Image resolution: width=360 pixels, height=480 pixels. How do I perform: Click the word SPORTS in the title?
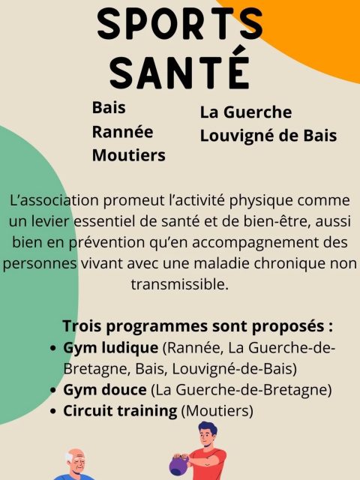tap(179, 25)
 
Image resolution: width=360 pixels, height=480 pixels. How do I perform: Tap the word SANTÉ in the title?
tap(180, 70)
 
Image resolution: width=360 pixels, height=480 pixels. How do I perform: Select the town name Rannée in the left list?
tap(121, 131)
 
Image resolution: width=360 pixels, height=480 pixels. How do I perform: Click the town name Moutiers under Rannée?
tap(128, 155)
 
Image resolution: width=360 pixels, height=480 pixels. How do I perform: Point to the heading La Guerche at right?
tap(245, 112)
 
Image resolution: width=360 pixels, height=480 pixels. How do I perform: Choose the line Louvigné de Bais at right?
tap(268, 136)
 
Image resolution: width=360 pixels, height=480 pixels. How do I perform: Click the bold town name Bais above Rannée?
tap(109, 107)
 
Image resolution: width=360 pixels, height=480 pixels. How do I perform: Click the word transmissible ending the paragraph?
tap(179, 285)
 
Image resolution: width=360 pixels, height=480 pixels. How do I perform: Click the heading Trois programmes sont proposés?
tap(197, 327)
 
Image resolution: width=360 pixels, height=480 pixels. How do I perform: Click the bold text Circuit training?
tap(121, 411)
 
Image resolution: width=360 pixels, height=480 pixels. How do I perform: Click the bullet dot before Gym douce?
tap(53, 391)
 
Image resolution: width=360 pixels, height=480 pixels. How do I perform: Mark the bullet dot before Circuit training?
tap(53, 412)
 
